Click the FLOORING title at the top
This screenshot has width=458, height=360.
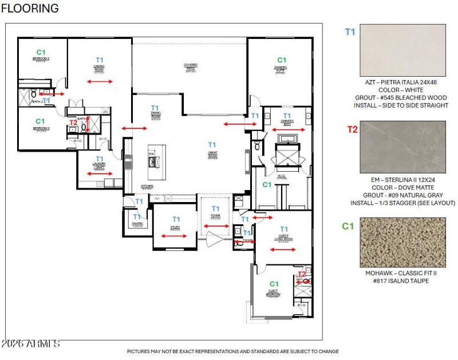point(30,9)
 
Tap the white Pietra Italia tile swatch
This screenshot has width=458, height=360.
point(402,51)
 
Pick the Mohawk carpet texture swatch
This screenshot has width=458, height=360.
point(402,243)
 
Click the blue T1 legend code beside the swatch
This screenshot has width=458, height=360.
point(350,32)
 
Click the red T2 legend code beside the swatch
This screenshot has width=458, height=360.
point(352,129)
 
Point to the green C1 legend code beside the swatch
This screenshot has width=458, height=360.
point(349,226)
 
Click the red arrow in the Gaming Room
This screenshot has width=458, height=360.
point(100,82)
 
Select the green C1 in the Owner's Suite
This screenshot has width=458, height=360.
point(281,60)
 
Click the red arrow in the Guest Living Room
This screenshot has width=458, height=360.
point(283,250)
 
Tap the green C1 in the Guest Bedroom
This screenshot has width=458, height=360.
point(274,284)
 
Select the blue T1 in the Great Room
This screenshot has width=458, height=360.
point(212,145)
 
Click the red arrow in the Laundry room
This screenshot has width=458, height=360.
point(100,173)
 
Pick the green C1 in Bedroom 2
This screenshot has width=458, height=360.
point(41,52)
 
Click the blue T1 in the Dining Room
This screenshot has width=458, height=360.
point(155,108)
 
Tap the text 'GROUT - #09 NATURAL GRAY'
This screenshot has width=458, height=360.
point(402,195)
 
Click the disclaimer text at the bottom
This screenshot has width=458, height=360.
point(232,351)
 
